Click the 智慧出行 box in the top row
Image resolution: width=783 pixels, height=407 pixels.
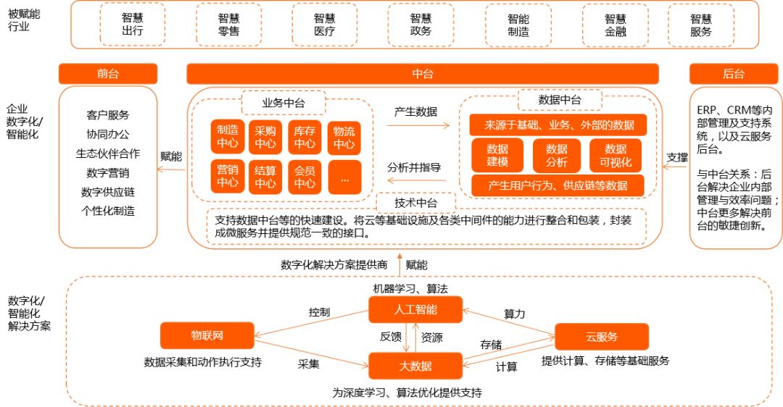pyautogui.click(x=132, y=25)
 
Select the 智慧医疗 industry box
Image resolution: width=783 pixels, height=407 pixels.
pyautogui.click(x=324, y=25)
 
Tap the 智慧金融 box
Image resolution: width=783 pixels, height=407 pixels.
pyautogui.click(x=615, y=25)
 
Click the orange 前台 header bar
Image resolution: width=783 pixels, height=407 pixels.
pyautogui.click(x=107, y=74)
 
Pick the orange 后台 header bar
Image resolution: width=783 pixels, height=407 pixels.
pyautogui.click(x=734, y=74)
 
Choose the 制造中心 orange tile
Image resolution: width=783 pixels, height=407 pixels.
pyautogui.click(x=228, y=137)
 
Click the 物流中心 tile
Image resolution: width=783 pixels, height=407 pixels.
pyautogui.click(x=344, y=137)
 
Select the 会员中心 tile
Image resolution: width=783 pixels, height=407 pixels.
pyautogui.click(x=304, y=177)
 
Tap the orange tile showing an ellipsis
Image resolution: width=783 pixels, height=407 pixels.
pyautogui.click(x=344, y=177)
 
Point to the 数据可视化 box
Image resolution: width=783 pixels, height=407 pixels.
pyautogui.click(x=616, y=155)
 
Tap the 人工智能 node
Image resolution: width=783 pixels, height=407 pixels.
pyautogui.click(x=415, y=311)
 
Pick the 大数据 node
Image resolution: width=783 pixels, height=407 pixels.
pyautogui.click(x=415, y=366)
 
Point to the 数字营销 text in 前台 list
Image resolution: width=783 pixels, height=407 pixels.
pyautogui.click(x=107, y=173)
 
